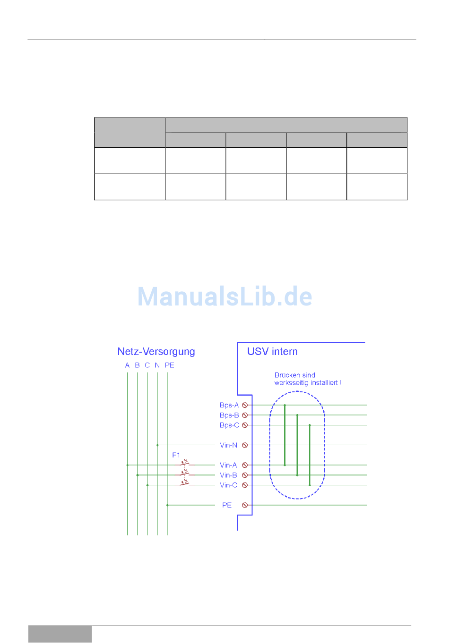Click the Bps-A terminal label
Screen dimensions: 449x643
229,405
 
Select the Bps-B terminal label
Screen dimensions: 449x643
229,415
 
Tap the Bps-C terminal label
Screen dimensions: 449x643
229,425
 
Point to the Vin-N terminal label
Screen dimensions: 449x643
228,445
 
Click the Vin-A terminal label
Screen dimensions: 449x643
228,465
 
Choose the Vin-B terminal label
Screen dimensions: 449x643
228,475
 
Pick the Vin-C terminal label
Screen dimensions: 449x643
228,485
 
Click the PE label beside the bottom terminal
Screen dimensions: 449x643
227,505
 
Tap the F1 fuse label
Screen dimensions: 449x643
176,455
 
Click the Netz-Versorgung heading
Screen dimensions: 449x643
156,352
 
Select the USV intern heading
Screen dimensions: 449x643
272,352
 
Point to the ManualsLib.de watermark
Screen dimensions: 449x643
224,297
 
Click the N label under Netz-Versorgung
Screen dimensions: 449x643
157,365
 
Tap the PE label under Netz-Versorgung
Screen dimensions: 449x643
169,365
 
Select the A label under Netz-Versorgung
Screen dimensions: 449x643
127,365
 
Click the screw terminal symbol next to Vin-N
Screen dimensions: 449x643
245,445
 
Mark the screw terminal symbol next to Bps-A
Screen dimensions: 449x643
245,405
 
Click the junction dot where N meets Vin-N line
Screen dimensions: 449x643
157,445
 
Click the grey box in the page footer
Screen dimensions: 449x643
60,634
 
